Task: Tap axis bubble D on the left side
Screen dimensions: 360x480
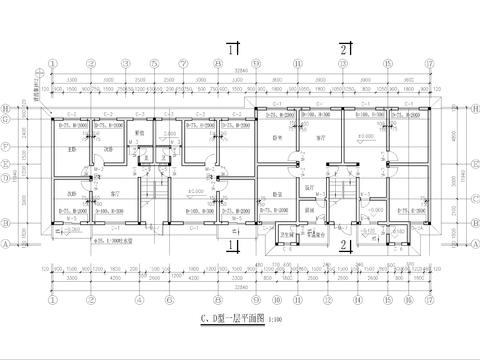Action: (8, 180)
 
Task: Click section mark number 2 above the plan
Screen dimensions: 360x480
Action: (343, 48)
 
